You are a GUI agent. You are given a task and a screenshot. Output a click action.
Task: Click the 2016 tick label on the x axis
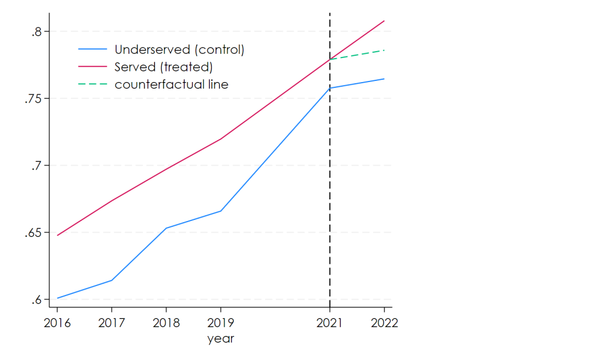point(57,324)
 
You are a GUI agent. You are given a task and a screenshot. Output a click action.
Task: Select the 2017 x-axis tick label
point(111,324)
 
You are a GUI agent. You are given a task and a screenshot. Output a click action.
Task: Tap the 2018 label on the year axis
point(166,324)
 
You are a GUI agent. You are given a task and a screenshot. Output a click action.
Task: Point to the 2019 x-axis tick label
point(220,324)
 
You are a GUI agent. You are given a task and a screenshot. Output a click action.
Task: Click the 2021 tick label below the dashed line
point(330,324)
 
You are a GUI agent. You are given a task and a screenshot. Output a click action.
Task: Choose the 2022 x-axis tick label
point(384,324)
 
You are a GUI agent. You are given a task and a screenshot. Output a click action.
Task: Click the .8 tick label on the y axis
point(37,32)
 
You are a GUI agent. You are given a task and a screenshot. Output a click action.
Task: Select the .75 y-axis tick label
point(33,99)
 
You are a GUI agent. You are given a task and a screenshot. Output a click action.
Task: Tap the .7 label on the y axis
point(37,166)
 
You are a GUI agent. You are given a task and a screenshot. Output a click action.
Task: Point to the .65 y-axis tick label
point(33,233)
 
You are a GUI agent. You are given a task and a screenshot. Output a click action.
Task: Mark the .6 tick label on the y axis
point(37,300)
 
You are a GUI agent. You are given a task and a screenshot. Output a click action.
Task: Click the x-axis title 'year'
point(220,339)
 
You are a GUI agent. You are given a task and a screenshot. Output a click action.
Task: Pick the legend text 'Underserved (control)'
point(179,49)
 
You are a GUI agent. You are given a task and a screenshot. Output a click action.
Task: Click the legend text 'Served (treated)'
point(163,67)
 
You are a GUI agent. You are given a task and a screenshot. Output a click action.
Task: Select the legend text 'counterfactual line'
point(172,84)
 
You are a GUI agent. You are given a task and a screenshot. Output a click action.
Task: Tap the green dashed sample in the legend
point(93,84)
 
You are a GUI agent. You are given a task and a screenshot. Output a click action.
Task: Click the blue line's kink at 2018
point(166,228)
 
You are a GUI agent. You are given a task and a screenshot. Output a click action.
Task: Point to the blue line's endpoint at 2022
point(384,79)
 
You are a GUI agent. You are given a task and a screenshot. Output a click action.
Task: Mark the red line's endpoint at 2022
point(384,21)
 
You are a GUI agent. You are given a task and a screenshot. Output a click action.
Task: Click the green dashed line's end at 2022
point(384,50)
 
